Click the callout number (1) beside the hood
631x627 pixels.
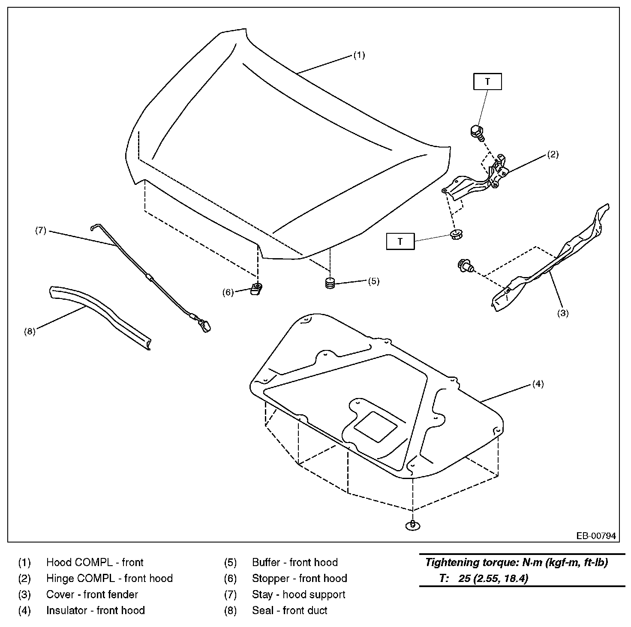coord(359,55)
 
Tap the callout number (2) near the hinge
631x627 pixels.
coord(553,155)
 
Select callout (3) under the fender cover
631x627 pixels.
coord(562,313)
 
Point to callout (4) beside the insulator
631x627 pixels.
coord(538,384)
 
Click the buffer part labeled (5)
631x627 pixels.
coord(329,283)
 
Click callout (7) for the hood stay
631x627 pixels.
coord(40,231)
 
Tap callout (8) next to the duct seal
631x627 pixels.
coord(30,332)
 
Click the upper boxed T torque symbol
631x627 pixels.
coord(487,81)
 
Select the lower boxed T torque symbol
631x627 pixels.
coord(400,241)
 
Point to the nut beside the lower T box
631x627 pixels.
coord(456,235)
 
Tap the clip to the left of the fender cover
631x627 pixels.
coord(464,266)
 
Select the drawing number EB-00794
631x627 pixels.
coord(596,536)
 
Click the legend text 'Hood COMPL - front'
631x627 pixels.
coord(95,562)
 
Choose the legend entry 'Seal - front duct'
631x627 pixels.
coord(290,610)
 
